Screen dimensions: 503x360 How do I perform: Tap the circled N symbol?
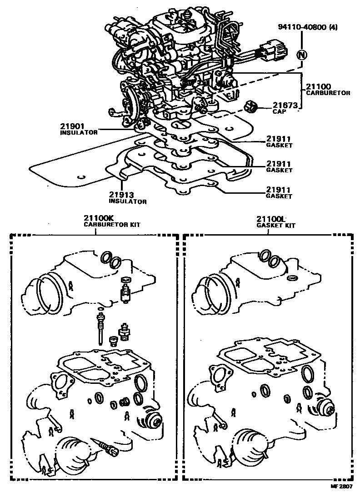point(301,55)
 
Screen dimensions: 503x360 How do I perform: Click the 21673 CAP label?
point(285,108)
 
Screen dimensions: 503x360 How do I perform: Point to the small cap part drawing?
point(250,107)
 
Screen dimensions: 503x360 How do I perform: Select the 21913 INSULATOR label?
point(127,198)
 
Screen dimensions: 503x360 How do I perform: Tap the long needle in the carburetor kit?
point(99,330)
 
